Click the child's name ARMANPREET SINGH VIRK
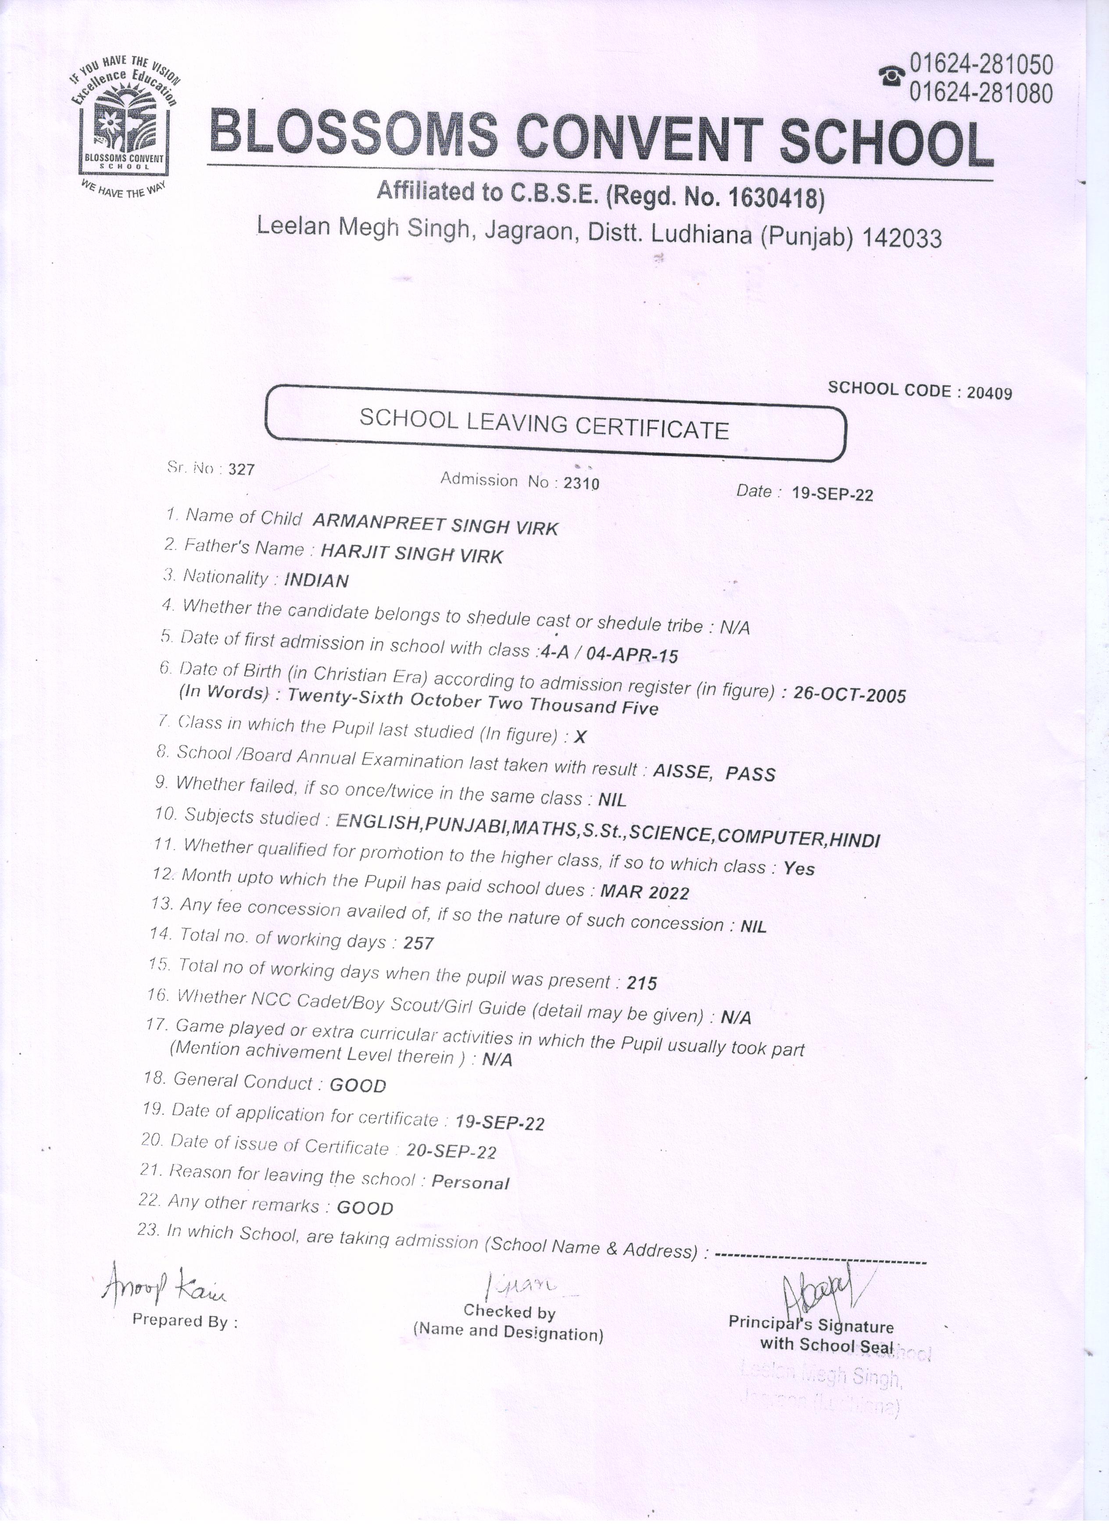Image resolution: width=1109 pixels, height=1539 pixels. [436, 524]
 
